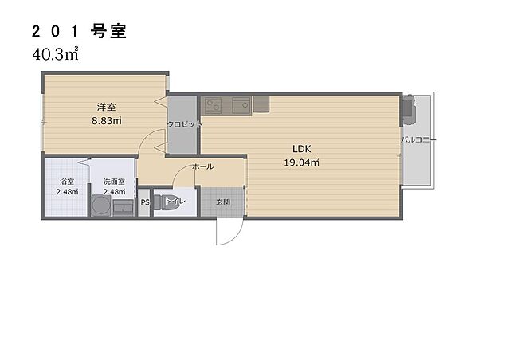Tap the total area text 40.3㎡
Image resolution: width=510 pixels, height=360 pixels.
[55, 55]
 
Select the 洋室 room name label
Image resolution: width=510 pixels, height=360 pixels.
[106, 107]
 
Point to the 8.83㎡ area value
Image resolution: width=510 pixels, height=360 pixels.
[106, 121]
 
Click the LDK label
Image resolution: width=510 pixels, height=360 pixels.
[301, 148]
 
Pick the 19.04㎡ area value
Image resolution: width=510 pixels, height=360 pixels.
[301, 162]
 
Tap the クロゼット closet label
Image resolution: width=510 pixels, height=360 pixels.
[184, 124]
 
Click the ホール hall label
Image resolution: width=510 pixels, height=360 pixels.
[202, 167]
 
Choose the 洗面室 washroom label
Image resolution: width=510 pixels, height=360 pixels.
[114, 182]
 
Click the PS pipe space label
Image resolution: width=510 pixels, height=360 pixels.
[144, 202]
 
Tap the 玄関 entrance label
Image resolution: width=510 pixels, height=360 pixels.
[223, 202]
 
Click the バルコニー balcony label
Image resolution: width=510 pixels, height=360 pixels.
[417, 139]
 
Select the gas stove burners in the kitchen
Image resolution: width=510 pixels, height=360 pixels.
[212, 104]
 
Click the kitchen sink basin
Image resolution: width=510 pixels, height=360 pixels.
[241, 104]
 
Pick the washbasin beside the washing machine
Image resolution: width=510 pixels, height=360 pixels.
[124, 207]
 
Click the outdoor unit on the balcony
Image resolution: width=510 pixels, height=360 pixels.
[409, 110]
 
